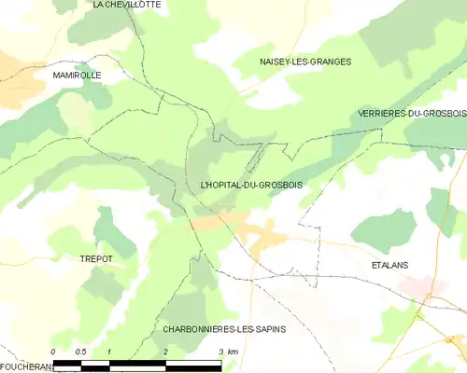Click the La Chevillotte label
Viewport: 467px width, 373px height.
click(126, 5)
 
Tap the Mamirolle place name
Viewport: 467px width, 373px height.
click(77, 75)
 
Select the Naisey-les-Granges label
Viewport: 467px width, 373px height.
click(305, 62)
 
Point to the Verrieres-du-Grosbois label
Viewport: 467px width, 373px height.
click(411, 114)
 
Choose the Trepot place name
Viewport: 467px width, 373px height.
click(96, 259)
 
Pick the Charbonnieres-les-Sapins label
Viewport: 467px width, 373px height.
click(224, 329)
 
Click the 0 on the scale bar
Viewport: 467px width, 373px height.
click(55, 352)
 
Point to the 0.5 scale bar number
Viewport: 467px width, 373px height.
click(81, 352)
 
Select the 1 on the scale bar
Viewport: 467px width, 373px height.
click(110, 352)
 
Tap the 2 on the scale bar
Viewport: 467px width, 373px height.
click(165, 352)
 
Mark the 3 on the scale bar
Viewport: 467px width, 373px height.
click(220, 352)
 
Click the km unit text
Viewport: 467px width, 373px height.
click(233, 352)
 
